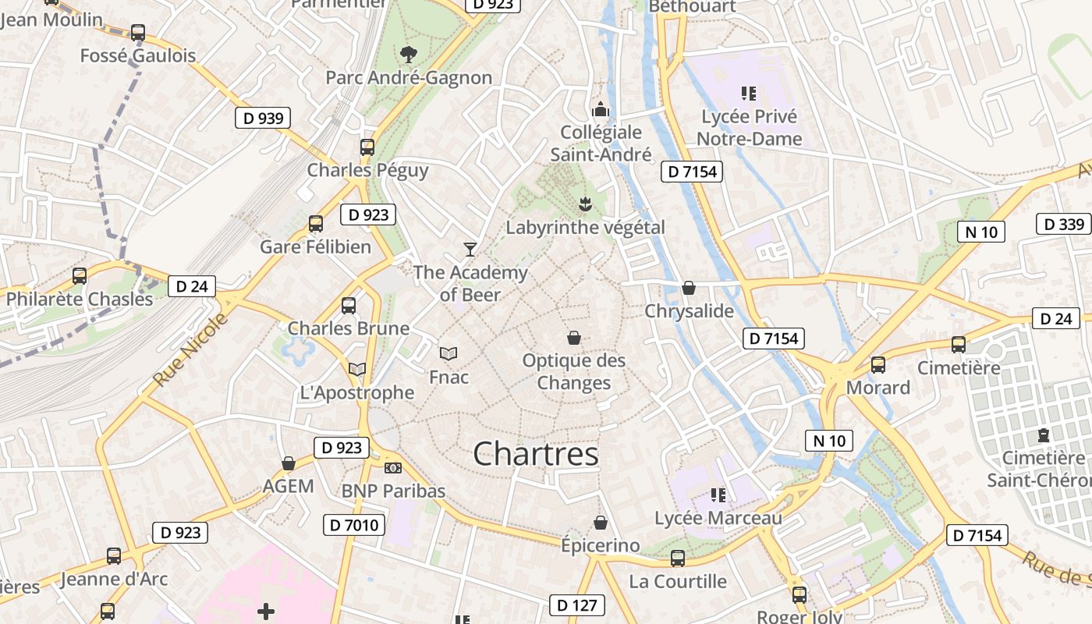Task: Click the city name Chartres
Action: point(536,454)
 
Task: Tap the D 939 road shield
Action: point(263,119)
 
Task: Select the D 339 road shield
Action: point(1063,225)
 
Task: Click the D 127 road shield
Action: point(577,604)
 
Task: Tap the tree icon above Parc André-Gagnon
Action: point(407,54)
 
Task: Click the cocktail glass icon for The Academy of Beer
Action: point(470,249)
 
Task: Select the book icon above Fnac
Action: point(448,353)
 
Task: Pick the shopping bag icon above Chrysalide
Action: point(689,288)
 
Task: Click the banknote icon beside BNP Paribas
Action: point(393,468)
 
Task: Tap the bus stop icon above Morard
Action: point(878,364)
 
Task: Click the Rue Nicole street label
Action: point(190,350)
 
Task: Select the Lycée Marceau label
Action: point(718,518)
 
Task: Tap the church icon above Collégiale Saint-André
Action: point(601,108)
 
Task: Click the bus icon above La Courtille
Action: point(678,558)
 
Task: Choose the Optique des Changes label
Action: point(574,372)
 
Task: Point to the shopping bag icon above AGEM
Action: point(289,463)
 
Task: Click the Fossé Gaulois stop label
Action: point(138,55)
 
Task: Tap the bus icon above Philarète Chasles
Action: point(80,275)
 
